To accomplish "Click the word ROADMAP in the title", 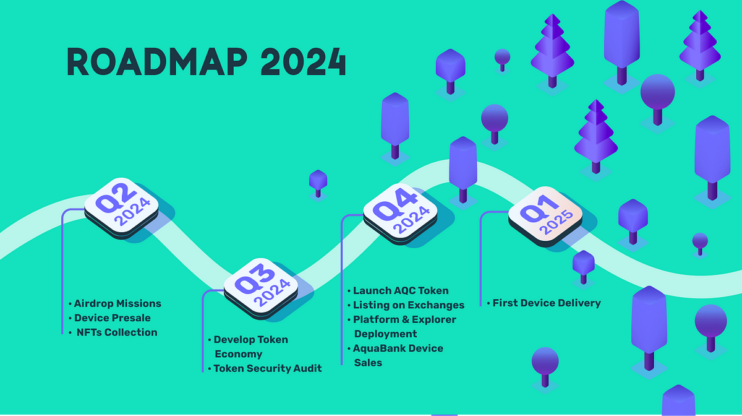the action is (x=157, y=62).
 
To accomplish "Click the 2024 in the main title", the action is (x=304, y=62).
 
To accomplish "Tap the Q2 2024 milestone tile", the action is (x=122, y=207).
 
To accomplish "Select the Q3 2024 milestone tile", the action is (x=261, y=288).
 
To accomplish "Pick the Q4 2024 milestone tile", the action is (x=400, y=214).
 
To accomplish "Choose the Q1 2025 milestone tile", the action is (x=545, y=216).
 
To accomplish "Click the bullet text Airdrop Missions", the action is (x=117, y=303).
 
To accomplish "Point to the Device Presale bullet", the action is (x=113, y=318).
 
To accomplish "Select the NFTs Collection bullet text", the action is (x=117, y=332).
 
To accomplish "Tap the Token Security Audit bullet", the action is (x=268, y=368).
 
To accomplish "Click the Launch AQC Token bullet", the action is (x=401, y=290).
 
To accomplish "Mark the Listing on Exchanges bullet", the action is (x=409, y=305).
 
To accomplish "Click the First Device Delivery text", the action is (x=547, y=303).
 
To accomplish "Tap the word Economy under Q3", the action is (x=239, y=354).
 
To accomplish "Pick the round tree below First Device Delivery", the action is (x=545, y=366).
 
